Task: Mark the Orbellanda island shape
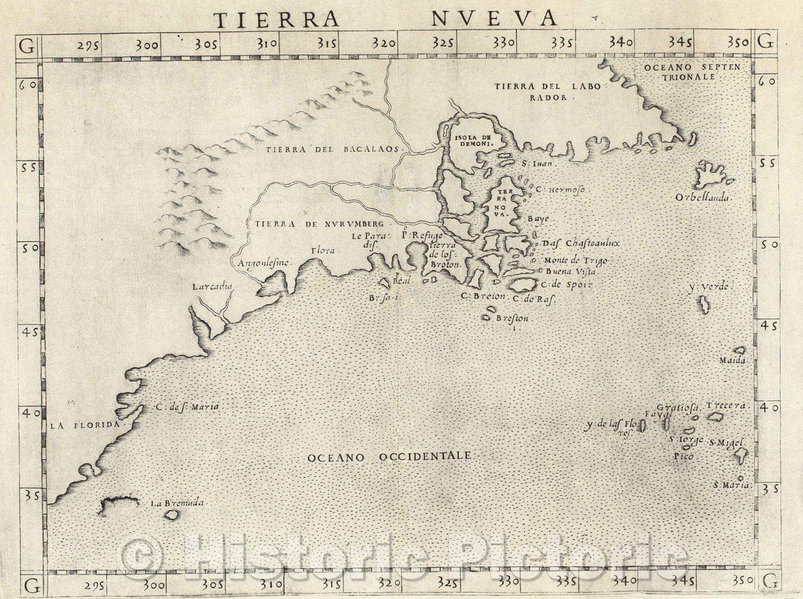pos(712,177)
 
